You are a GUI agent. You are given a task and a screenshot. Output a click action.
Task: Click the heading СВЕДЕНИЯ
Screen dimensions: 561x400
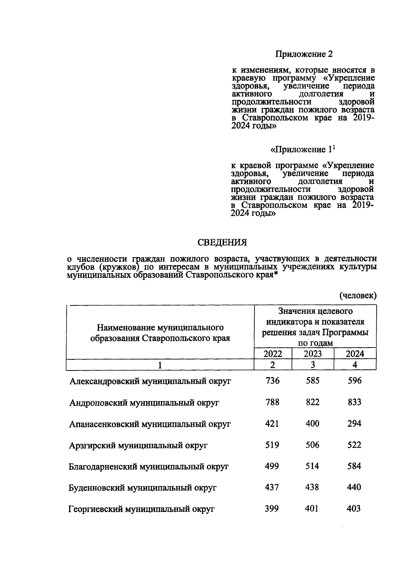point(222,243)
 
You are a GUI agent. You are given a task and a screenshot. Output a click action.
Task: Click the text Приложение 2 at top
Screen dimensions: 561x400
point(304,54)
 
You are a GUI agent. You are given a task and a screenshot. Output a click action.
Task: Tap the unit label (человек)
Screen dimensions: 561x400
point(358,295)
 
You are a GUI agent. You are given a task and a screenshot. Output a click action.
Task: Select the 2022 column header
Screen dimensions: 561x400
point(273,353)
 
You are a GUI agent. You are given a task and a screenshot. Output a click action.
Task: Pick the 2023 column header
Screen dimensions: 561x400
point(313,353)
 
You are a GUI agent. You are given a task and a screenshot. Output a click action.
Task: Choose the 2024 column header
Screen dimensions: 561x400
point(355,353)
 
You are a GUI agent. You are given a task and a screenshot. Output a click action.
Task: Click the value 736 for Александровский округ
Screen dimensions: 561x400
point(272,380)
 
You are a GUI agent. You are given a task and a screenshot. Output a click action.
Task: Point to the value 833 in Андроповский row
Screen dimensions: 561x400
point(354,402)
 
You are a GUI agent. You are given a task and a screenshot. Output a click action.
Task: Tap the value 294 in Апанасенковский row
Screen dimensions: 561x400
point(354,423)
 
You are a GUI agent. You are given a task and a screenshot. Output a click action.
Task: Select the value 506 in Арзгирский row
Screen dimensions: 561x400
point(312,445)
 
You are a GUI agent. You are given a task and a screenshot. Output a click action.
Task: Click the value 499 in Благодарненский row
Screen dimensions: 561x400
point(272,466)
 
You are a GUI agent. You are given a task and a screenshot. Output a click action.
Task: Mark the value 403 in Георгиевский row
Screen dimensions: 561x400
point(354,509)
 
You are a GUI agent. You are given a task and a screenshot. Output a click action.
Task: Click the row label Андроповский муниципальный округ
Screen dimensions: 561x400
point(144,403)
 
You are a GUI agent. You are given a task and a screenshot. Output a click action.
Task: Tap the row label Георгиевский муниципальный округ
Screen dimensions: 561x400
point(141,509)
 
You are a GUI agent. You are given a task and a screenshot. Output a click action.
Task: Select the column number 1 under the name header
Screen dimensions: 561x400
point(160,365)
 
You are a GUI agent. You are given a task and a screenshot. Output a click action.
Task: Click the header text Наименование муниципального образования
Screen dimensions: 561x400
point(160,332)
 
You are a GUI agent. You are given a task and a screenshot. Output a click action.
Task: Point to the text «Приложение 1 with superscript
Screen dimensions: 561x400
point(302,150)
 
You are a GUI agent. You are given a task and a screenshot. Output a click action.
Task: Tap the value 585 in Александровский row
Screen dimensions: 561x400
point(312,380)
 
